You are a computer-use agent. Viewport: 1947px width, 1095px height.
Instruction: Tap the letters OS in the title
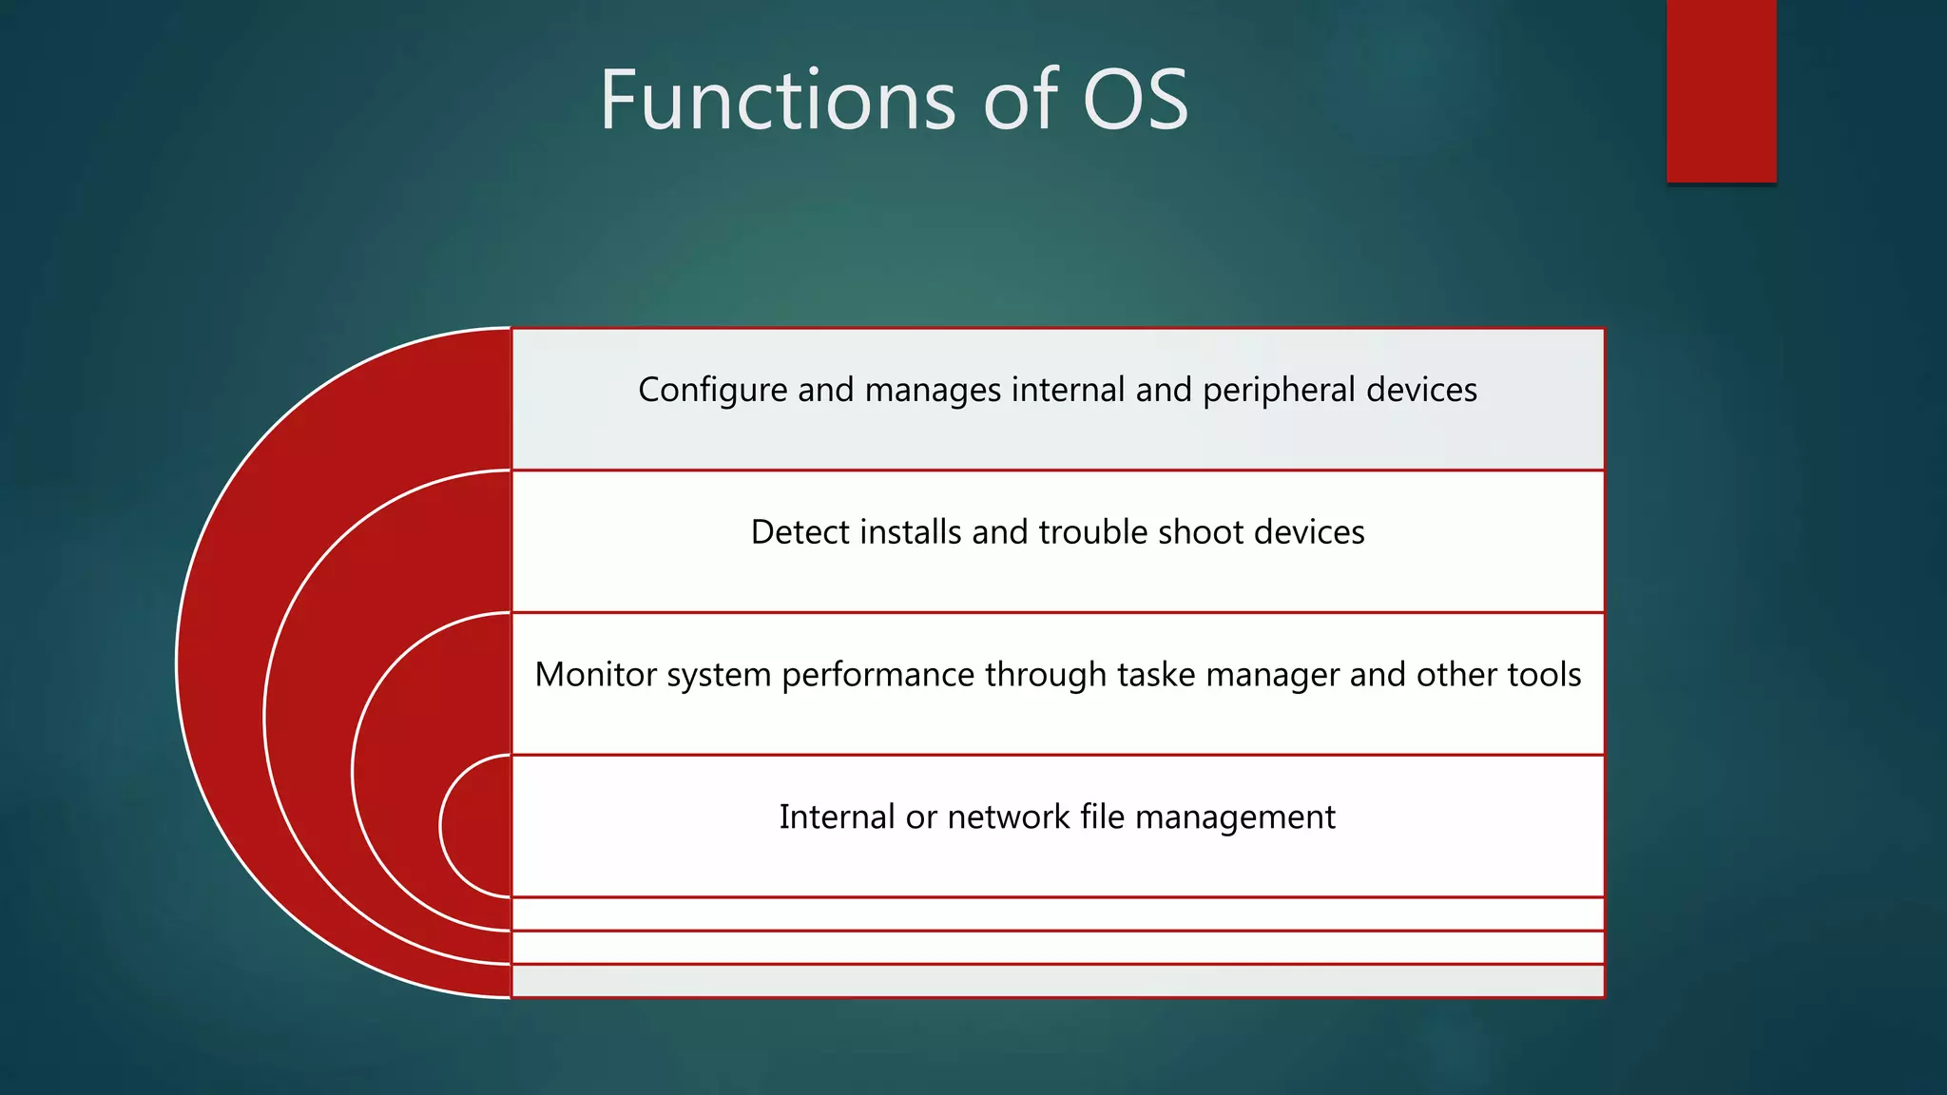coord(1135,100)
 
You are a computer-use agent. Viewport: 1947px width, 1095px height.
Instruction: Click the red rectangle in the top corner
coord(1721,90)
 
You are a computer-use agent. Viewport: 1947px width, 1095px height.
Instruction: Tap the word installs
coord(911,532)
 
